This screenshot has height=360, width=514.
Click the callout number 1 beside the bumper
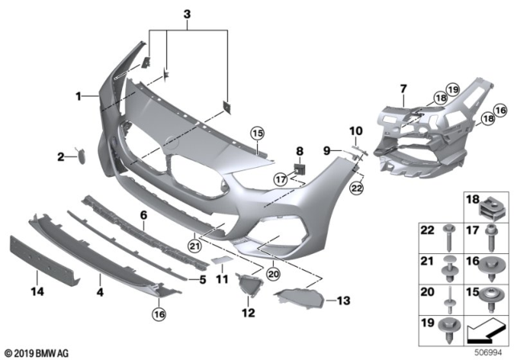point(80,96)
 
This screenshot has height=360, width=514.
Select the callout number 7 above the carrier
point(403,86)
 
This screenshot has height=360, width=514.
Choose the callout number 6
point(144,216)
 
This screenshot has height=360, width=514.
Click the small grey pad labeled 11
point(220,261)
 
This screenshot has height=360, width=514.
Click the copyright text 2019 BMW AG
point(39,352)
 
